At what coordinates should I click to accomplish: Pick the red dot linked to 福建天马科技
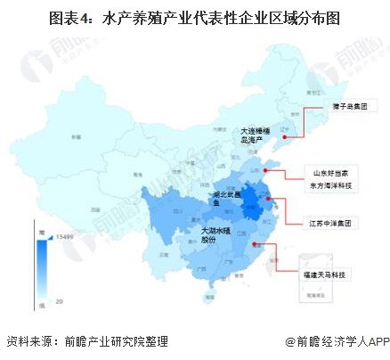256,242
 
